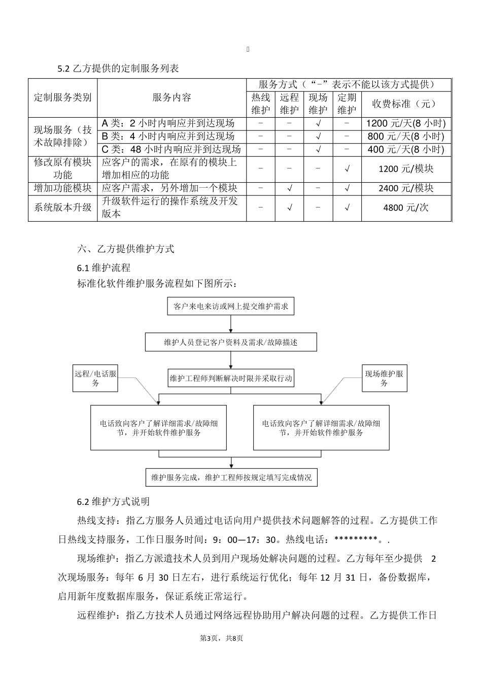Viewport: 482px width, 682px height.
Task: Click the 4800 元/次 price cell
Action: click(x=406, y=208)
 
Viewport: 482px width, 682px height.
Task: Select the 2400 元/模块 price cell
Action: click(x=406, y=188)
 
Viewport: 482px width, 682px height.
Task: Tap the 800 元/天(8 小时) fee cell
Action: click(x=406, y=136)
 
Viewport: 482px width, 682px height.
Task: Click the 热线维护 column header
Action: click(x=261, y=104)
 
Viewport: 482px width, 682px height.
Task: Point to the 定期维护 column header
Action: click(x=347, y=104)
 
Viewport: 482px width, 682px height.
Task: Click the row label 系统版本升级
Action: click(x=62, y=208)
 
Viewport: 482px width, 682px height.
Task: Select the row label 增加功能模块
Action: click(x=62, y=188)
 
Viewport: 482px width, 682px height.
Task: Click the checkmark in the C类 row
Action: click(x=318, y=149)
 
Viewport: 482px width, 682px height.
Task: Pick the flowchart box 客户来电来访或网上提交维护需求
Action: click(x=231, y=306)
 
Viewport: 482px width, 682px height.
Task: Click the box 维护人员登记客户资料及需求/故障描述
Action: click(x=231, y=342)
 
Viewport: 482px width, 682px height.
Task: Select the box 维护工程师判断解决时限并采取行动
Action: click(x=231, y=378)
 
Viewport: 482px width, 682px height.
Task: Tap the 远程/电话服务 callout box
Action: click(x=95, y=379)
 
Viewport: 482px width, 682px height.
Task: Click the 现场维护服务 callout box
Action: click(x=384, y=379)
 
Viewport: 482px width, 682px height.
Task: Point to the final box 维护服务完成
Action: click(x=231, y=477)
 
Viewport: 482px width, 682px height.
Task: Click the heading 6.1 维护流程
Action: click(x=104, y=267)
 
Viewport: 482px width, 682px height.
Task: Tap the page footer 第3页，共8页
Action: click(x=222, y=638)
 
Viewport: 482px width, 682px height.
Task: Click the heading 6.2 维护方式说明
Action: click(x=113, y=501)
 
